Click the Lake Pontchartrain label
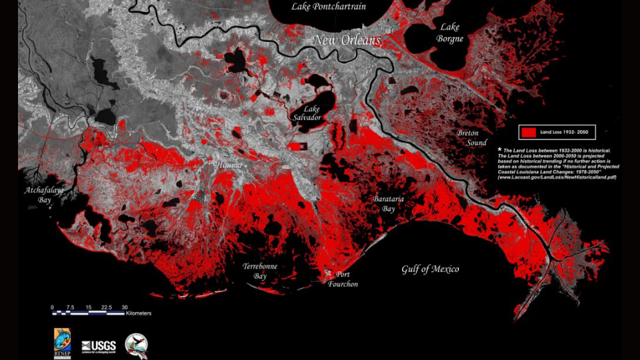pos(329,7)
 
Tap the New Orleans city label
pos(347,41)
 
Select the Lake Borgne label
pos(449,33)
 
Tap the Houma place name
pos(228,165)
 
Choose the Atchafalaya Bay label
pos(44,195)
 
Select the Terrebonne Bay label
pos(260,271)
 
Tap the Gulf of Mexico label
pos(430,269)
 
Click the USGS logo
pos(99,346)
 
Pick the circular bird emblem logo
pos(136,345)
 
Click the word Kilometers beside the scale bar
pos(138,313)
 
